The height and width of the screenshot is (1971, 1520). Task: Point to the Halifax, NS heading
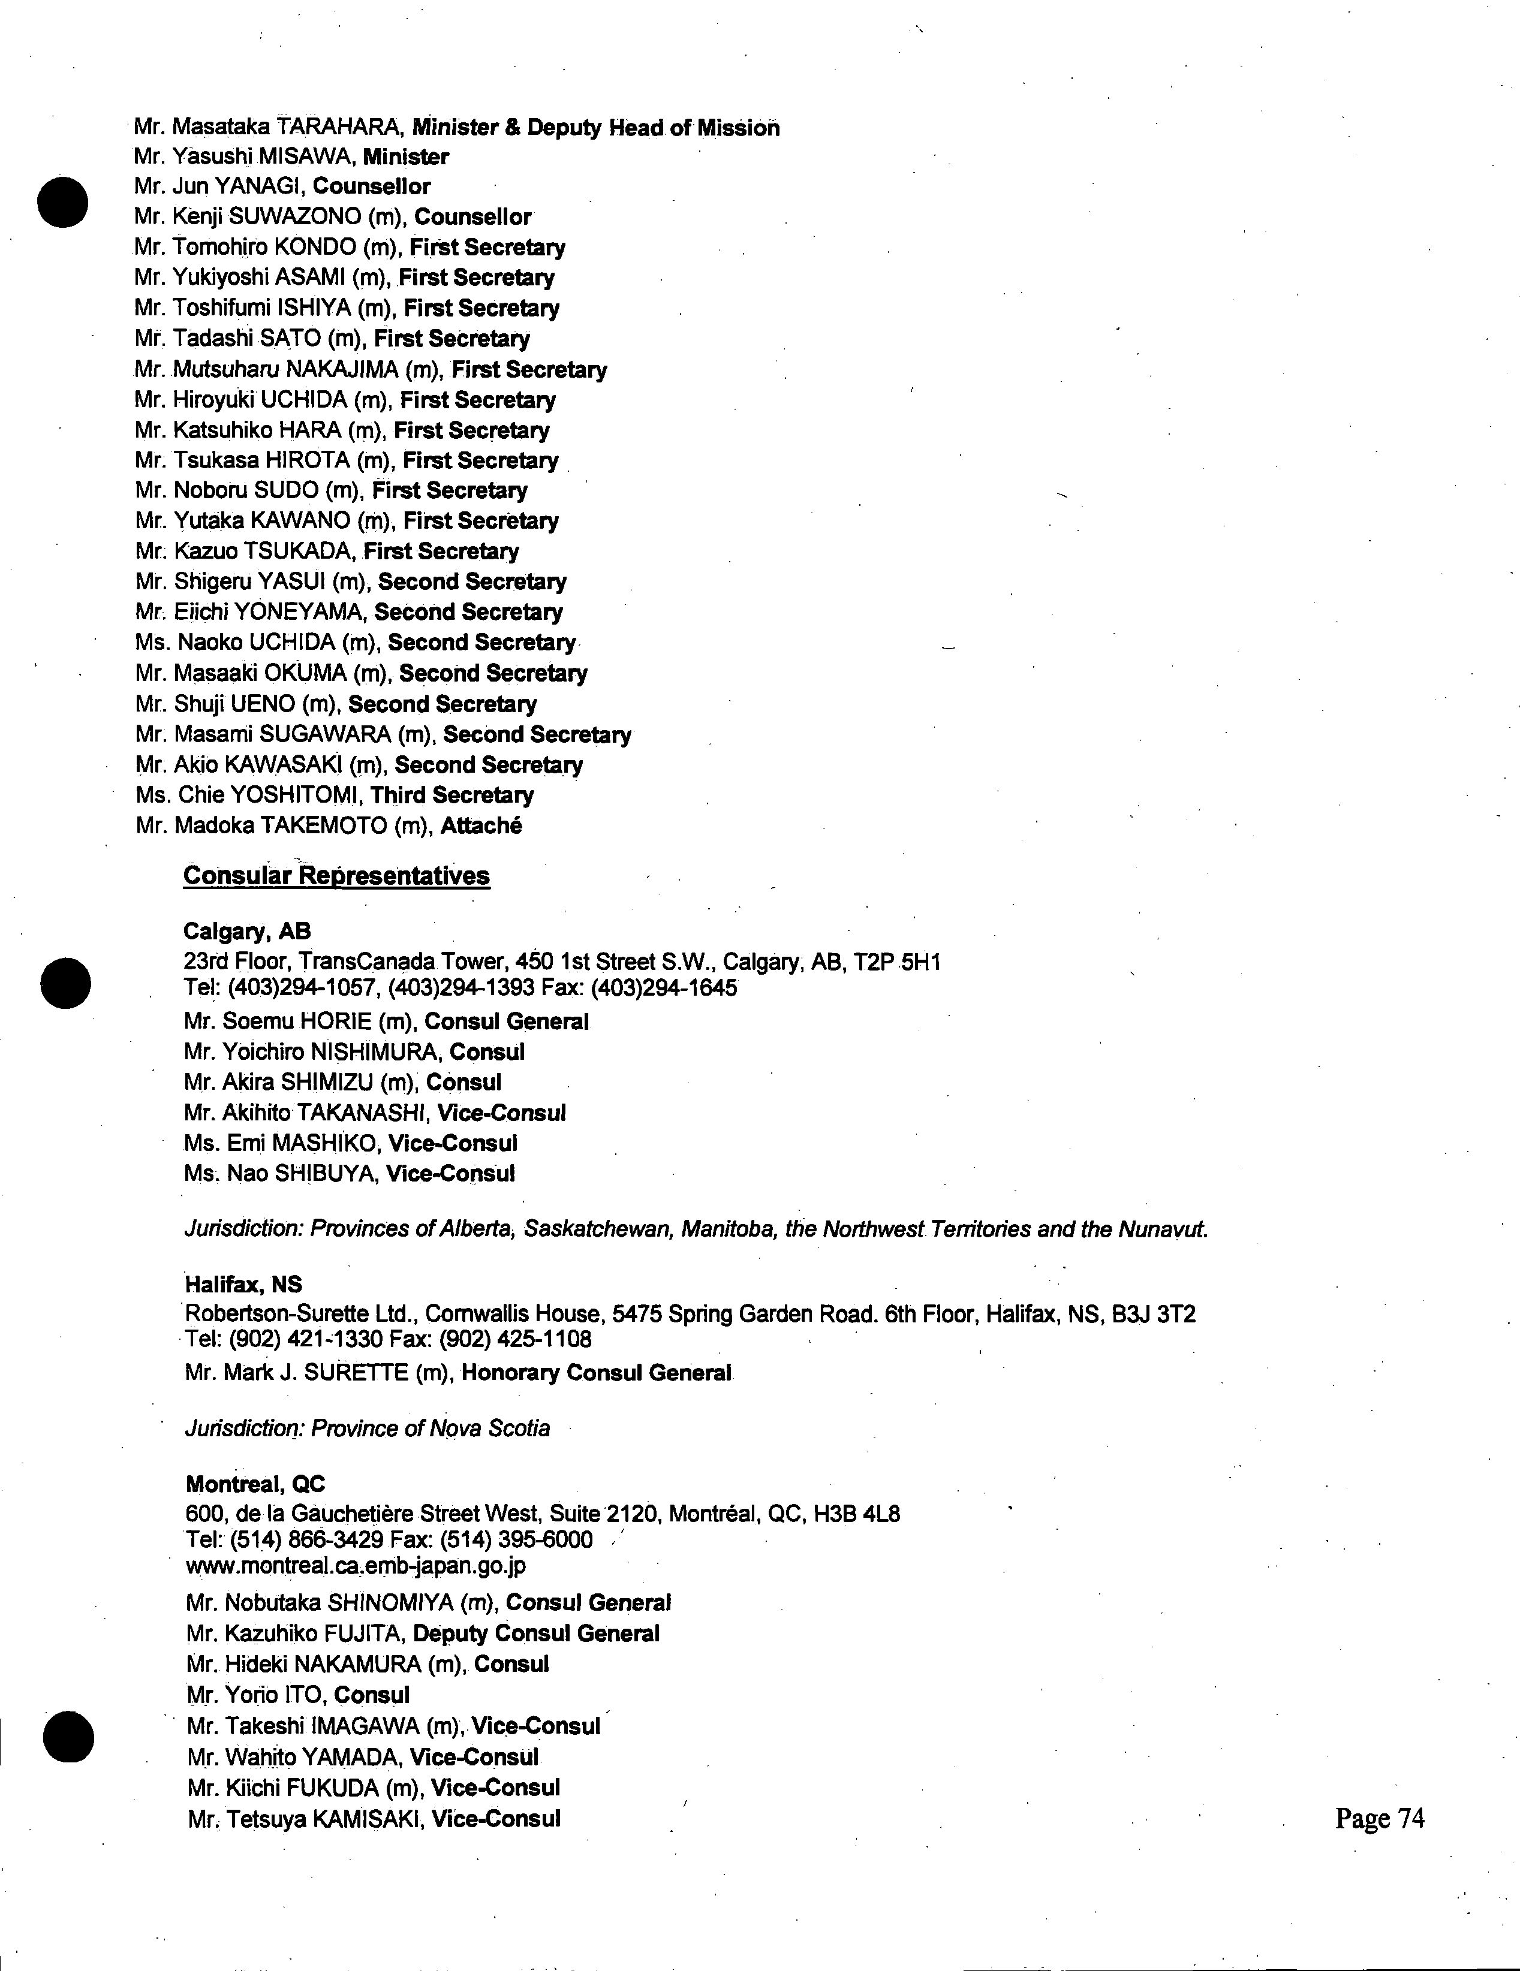tap(243, 1283)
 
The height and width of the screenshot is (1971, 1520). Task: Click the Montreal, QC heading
tap(255, 1484)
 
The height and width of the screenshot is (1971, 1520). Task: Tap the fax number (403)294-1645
tap(663, 988)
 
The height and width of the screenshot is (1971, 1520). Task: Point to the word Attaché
tap(481, 826)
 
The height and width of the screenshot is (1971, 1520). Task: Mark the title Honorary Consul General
tap(596, 1373)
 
